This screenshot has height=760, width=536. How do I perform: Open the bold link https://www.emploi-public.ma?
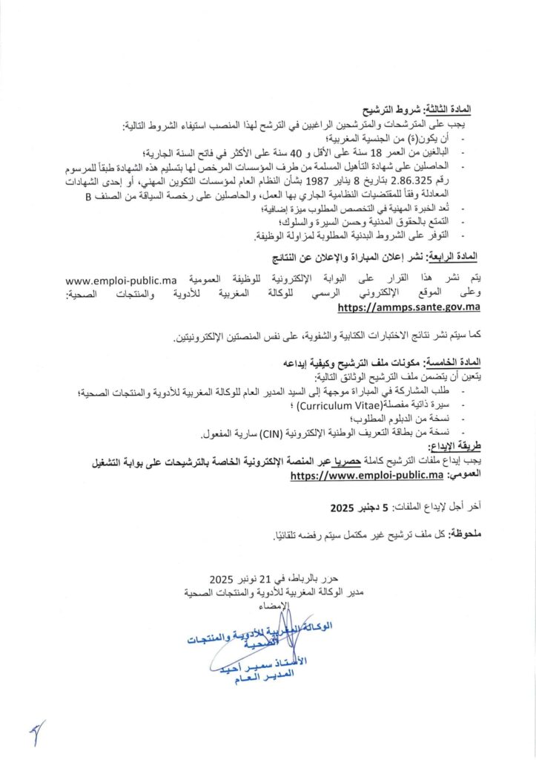(x=367, y=476)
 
